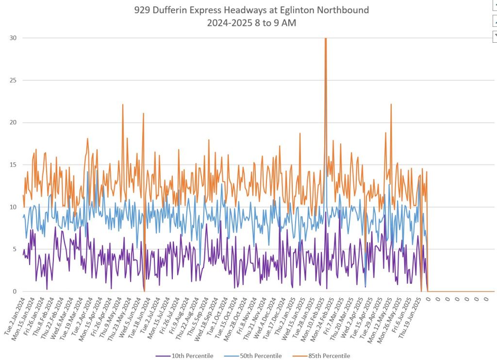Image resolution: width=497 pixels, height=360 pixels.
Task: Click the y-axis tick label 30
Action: [14, 38]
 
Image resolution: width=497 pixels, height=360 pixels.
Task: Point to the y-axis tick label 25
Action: [14, 80]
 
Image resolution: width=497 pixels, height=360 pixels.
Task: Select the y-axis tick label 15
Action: [14, 165]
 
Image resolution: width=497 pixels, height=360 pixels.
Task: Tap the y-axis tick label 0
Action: [15, 291]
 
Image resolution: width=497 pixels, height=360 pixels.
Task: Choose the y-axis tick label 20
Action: [14, 122]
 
